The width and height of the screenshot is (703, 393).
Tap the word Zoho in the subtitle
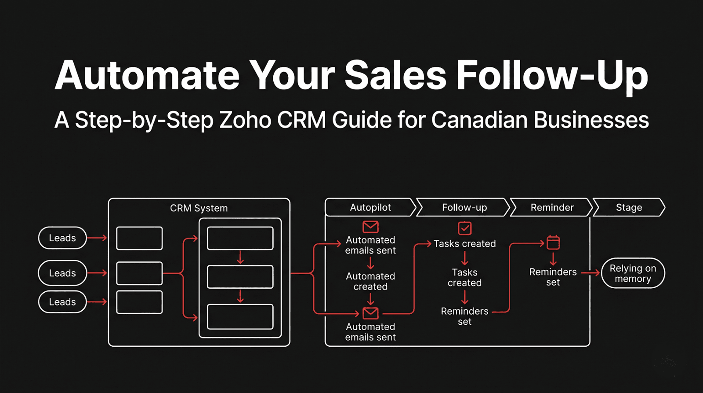coord(245,120)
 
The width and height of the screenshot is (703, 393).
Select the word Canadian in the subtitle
coord(479,120)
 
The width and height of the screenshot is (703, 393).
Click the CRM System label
coord(199,208)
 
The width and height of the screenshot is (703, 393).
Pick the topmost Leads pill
coord(62,238)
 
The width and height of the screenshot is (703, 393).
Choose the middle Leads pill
coord(62,273)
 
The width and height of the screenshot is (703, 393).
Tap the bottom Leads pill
coord(62,302)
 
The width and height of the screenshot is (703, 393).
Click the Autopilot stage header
coord(370,207)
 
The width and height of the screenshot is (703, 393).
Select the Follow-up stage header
coord(464,207)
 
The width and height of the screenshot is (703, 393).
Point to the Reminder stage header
coord(552,207)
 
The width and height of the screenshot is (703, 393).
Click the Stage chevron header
coord(629,207)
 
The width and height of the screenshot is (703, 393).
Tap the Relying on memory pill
coord(633,273)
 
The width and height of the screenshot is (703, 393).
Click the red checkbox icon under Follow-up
coord(464,228)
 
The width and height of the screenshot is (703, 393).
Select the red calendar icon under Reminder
coord(553,242)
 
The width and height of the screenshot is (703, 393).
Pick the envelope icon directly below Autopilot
coord(370,227)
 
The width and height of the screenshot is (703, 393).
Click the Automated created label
coord(370,281)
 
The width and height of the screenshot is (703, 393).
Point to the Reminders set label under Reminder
coord(553,277)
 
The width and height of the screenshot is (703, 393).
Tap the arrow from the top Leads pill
coord(97,238)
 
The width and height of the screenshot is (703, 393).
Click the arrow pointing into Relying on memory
coord(591,273)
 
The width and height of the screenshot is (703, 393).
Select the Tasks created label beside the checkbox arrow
coord(464,244)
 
